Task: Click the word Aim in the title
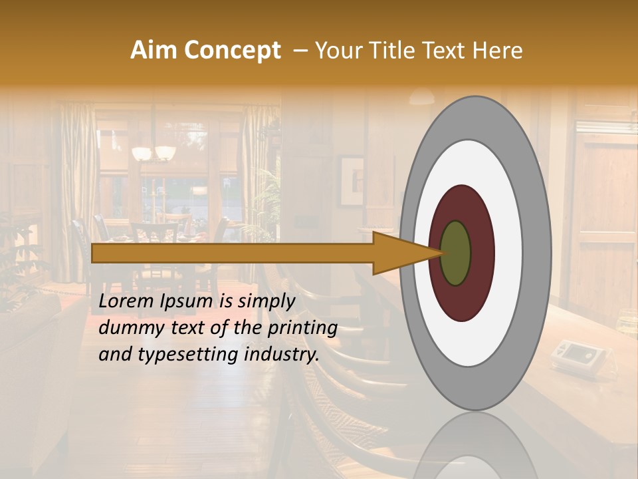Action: pyautogui.click(x=153, y=51)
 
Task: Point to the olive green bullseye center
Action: pyautogui.click(x=456, y=253)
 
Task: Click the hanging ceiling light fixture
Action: pyautogui.click(x=154, y=153)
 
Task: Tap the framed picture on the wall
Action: pyautogui.click(x=351, y=181)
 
